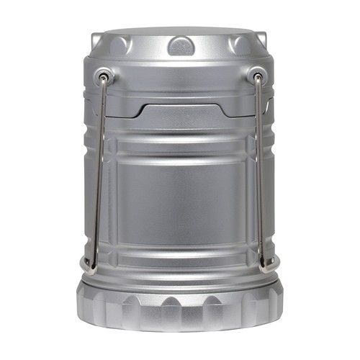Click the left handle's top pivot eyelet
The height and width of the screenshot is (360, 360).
tap(105, 74)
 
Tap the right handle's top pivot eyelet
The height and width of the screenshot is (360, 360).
tap(256, 74)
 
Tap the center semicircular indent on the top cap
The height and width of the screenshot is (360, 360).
tap(181, 46)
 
